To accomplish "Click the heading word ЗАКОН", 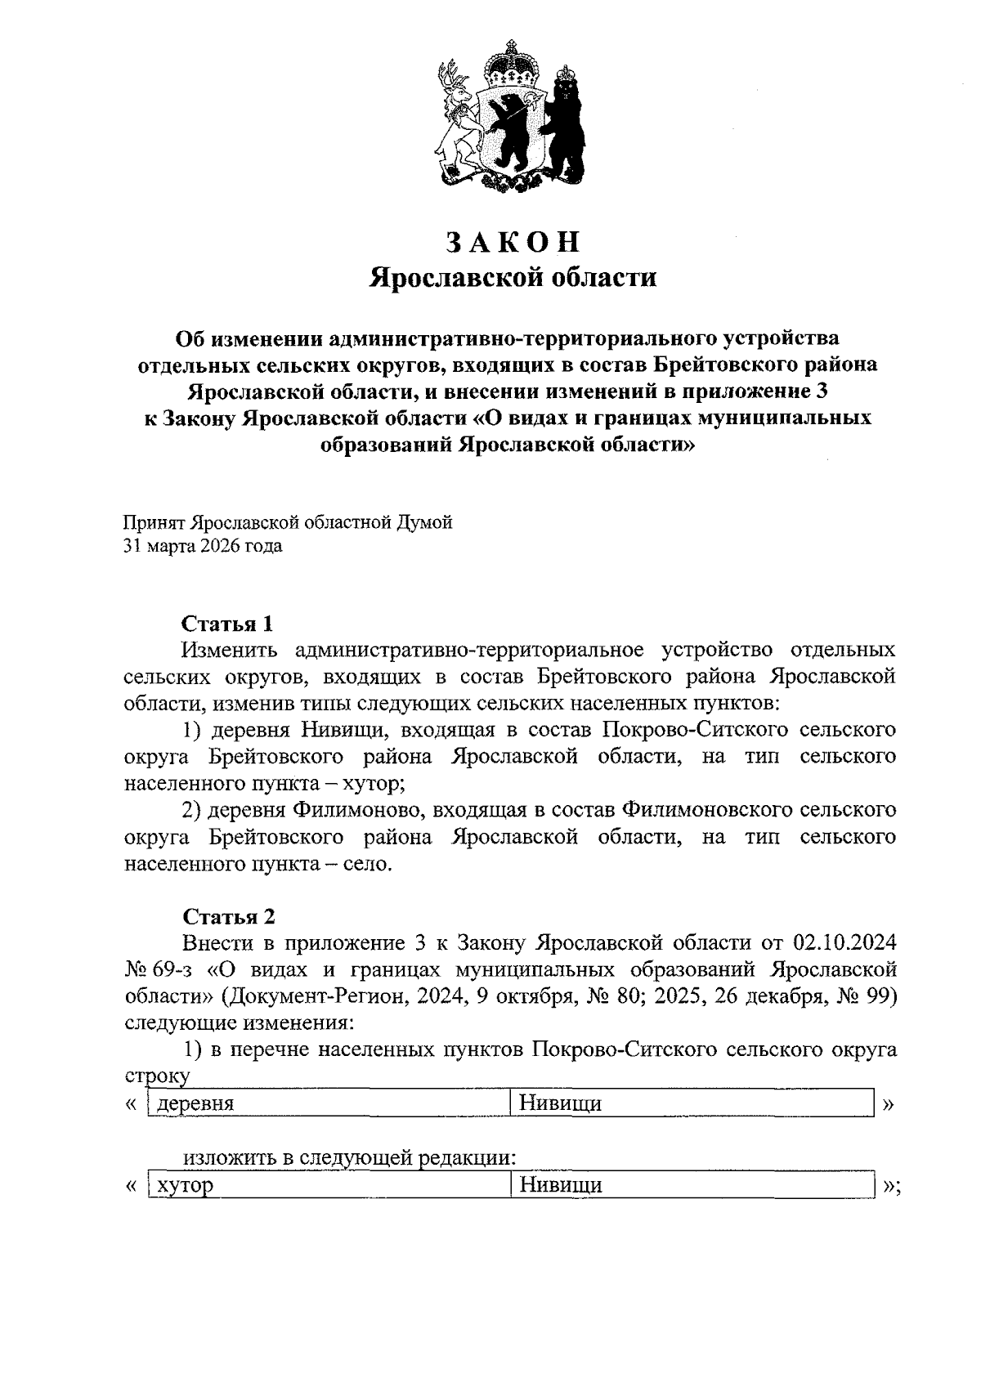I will (513, 242).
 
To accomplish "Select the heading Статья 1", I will (227, 624).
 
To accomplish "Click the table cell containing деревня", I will (327, 1103).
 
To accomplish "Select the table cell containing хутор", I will (327, 1184).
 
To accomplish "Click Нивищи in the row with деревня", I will (561, 1103).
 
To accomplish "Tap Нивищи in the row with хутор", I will (561, 1184).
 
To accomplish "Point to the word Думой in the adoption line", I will (424, 522).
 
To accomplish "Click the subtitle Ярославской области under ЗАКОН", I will (513, 278).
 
